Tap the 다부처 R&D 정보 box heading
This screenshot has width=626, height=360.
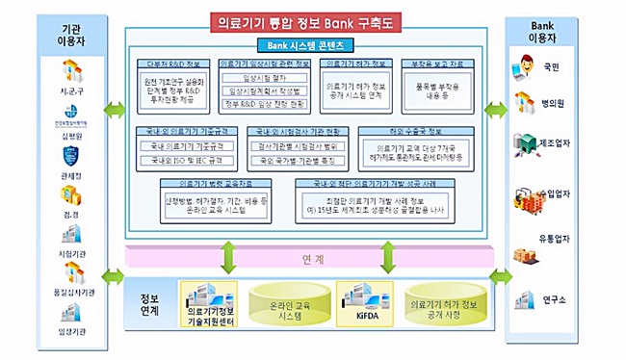[174, 64]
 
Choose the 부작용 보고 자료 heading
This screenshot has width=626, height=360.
[430, 64]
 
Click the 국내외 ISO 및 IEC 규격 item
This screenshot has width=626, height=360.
[182, 159]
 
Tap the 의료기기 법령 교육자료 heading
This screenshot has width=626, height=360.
[200, 182]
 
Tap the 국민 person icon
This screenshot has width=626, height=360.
[527, 66]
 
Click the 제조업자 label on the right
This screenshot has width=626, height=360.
[560, 147]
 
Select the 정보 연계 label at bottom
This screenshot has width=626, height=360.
[150, 303]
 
